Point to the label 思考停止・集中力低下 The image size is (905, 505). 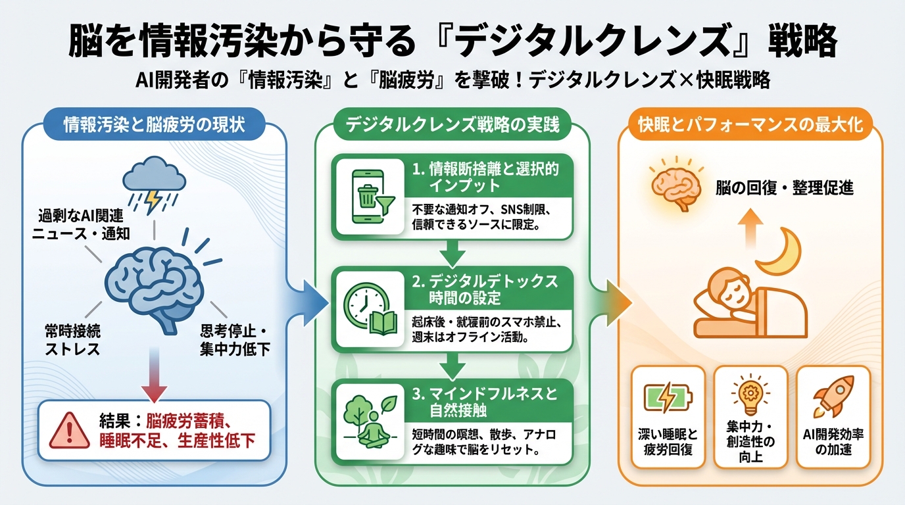pos(235,340)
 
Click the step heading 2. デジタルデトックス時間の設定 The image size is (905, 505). pos(485,289)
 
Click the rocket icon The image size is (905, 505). pos(833,396)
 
